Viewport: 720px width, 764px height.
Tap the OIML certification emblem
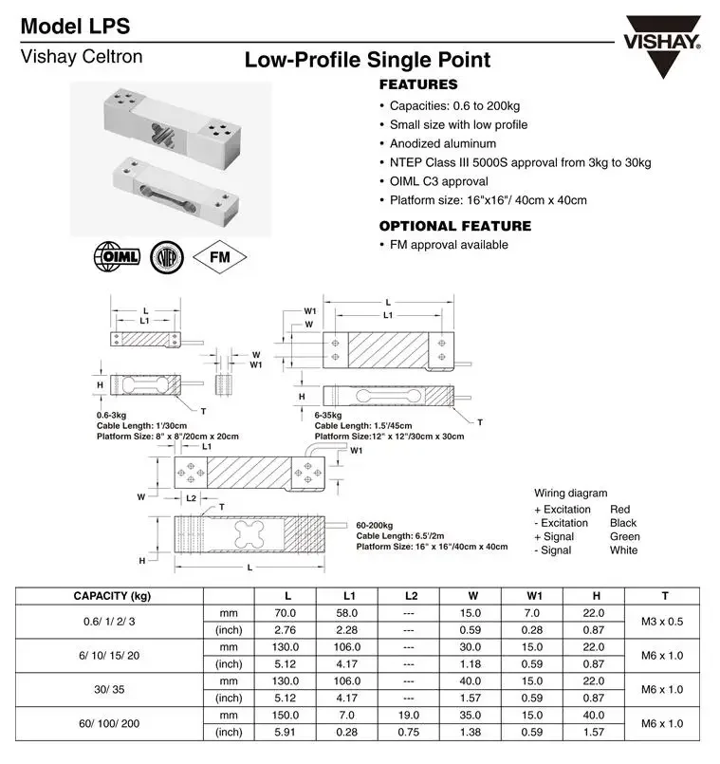116,257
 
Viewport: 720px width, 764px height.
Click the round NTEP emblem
167,257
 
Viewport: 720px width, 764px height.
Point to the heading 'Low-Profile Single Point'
367,61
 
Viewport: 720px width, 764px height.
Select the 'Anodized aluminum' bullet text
442,143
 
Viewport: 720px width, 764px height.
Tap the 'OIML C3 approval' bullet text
438,181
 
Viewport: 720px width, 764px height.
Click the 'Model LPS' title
76,27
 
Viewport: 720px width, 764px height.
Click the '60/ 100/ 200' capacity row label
111,723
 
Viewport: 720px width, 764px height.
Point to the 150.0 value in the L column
287,715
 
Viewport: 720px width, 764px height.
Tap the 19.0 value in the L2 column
408,715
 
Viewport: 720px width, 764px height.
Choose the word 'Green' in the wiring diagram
624,536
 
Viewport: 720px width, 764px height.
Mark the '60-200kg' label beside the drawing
375,524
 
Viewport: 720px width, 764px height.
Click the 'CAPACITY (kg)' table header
112,596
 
